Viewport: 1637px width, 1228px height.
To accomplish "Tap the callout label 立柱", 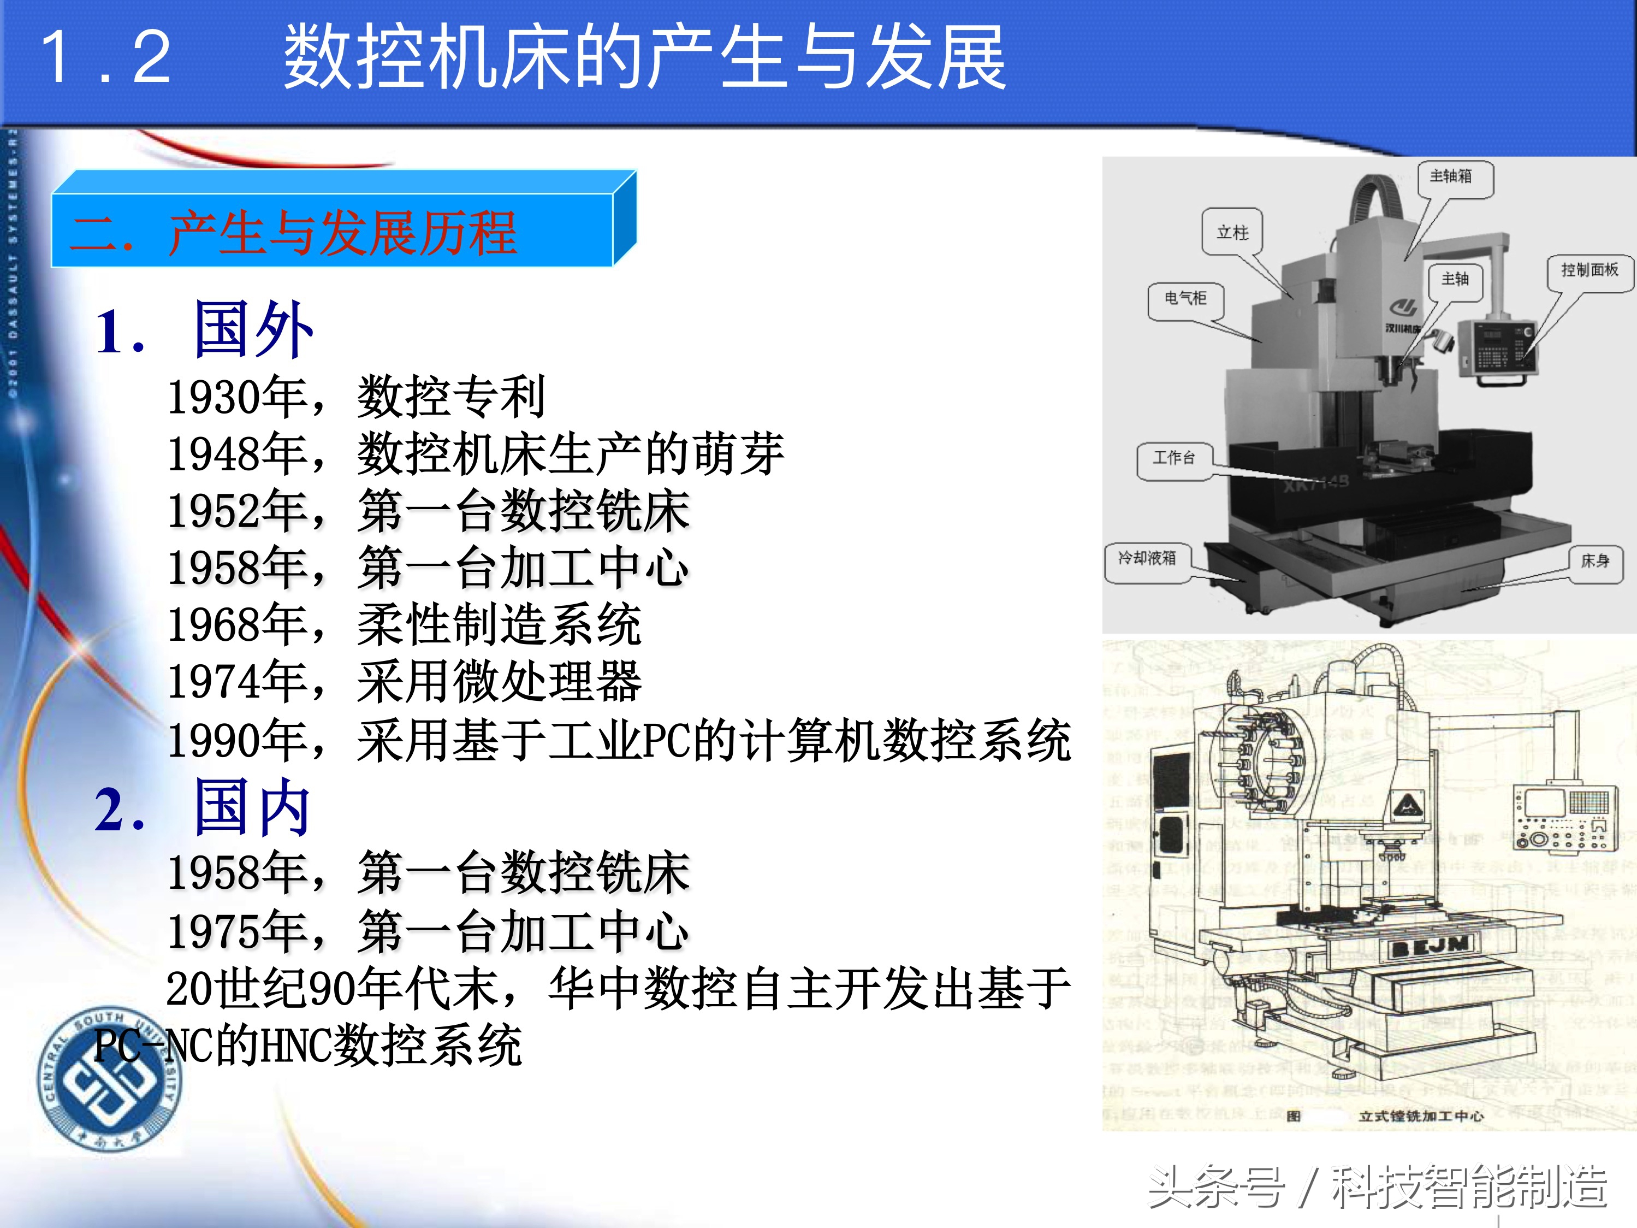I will [x=1232, y=232].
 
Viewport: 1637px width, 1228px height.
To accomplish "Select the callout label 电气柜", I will [x=1185, y=298].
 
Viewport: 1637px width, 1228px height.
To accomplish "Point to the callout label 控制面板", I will [x=1589, y=270].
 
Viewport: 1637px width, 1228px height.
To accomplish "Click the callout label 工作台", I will [x=1175, y=458].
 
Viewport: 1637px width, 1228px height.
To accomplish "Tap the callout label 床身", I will [x=1595, y=561].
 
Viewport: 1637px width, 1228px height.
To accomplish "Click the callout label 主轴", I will [x=1455, y=279].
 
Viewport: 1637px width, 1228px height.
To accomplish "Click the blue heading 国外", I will [x=253, y=330].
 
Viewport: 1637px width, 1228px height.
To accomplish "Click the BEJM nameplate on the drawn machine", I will [x=1430, y=945].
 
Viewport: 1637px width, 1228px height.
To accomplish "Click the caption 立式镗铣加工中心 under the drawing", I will [x=1421, y=1116].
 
